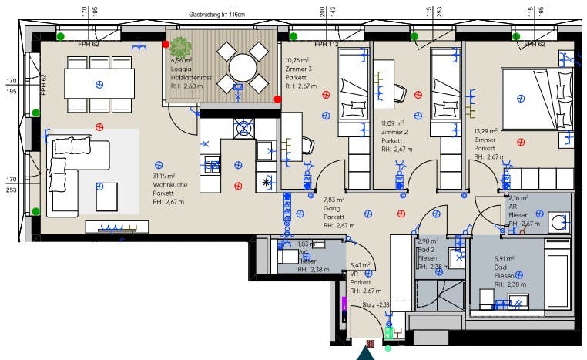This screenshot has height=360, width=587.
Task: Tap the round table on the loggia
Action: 242,66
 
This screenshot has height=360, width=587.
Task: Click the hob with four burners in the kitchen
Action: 243,129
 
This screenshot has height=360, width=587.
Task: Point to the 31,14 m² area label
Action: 165,177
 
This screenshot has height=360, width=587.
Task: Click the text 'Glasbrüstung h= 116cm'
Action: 221,15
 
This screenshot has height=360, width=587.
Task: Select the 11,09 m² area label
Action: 392,123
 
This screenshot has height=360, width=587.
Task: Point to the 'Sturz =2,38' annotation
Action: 377,305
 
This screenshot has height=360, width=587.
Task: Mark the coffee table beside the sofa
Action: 106,197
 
